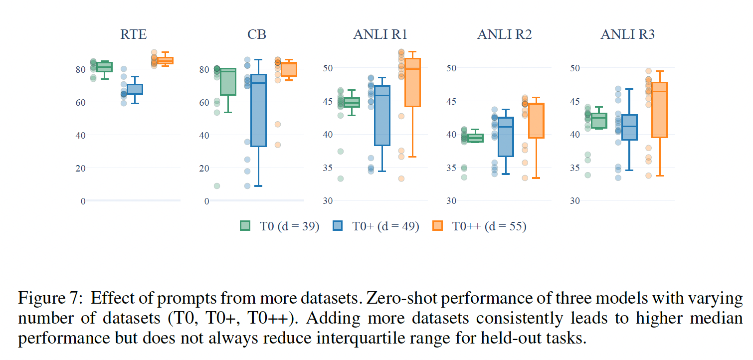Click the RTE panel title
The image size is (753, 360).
133,34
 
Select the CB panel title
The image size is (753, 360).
257,34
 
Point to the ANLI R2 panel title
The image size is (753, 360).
504,34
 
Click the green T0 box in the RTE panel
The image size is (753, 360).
104,67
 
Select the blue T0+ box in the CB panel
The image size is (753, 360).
258,110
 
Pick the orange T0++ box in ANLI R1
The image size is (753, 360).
412,82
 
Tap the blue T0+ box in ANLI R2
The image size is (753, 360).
506,137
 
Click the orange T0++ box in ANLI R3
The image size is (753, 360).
660,110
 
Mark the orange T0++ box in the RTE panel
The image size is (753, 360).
165,61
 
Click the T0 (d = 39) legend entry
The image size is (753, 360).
279,226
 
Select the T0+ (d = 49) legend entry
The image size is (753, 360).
376,226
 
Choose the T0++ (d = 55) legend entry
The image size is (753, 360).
479,226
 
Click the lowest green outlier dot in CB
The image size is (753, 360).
217,186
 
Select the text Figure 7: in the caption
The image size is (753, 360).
50,299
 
